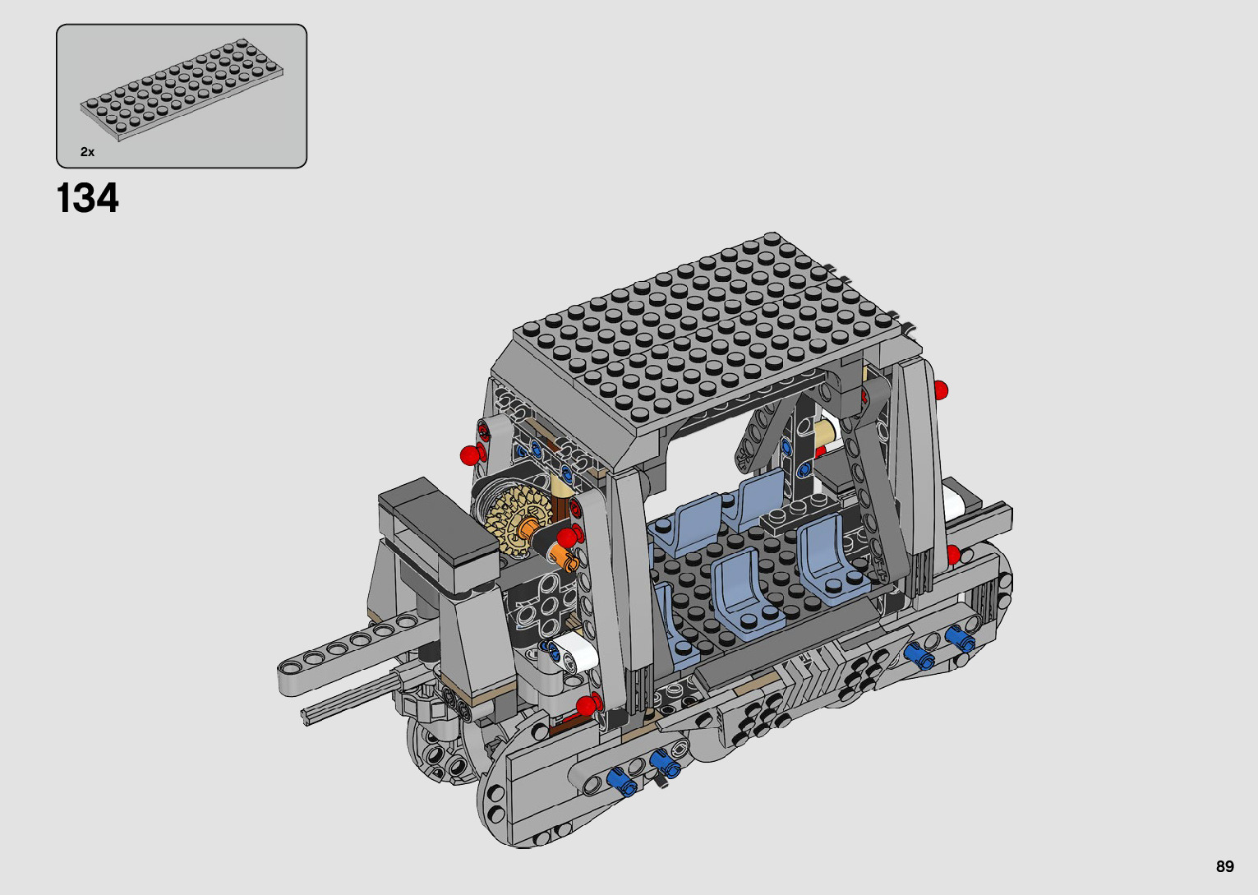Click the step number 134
click(x=88, y=198)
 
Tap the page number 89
click(x=1224, y=866)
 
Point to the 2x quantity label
click(x=88, y=152)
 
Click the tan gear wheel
click(x=513, y=521)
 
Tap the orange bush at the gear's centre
click(x=528, y=528)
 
